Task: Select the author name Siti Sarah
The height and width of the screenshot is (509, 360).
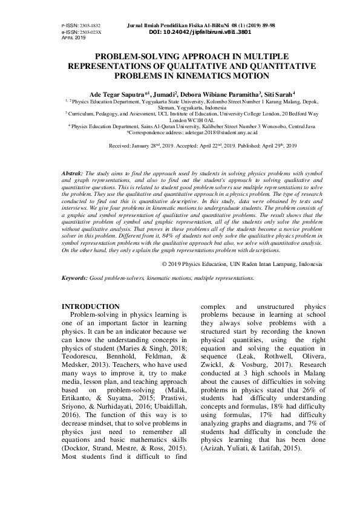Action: pyautogui.click(x=278, y=94)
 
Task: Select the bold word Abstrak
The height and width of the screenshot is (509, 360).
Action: pyautogui.click(x=73, y=173)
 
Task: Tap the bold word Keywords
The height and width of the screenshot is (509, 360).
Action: pyautogui.click(x=74, y=278)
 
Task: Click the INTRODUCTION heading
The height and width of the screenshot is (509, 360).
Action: pyautogui.click(x=91, y=307)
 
